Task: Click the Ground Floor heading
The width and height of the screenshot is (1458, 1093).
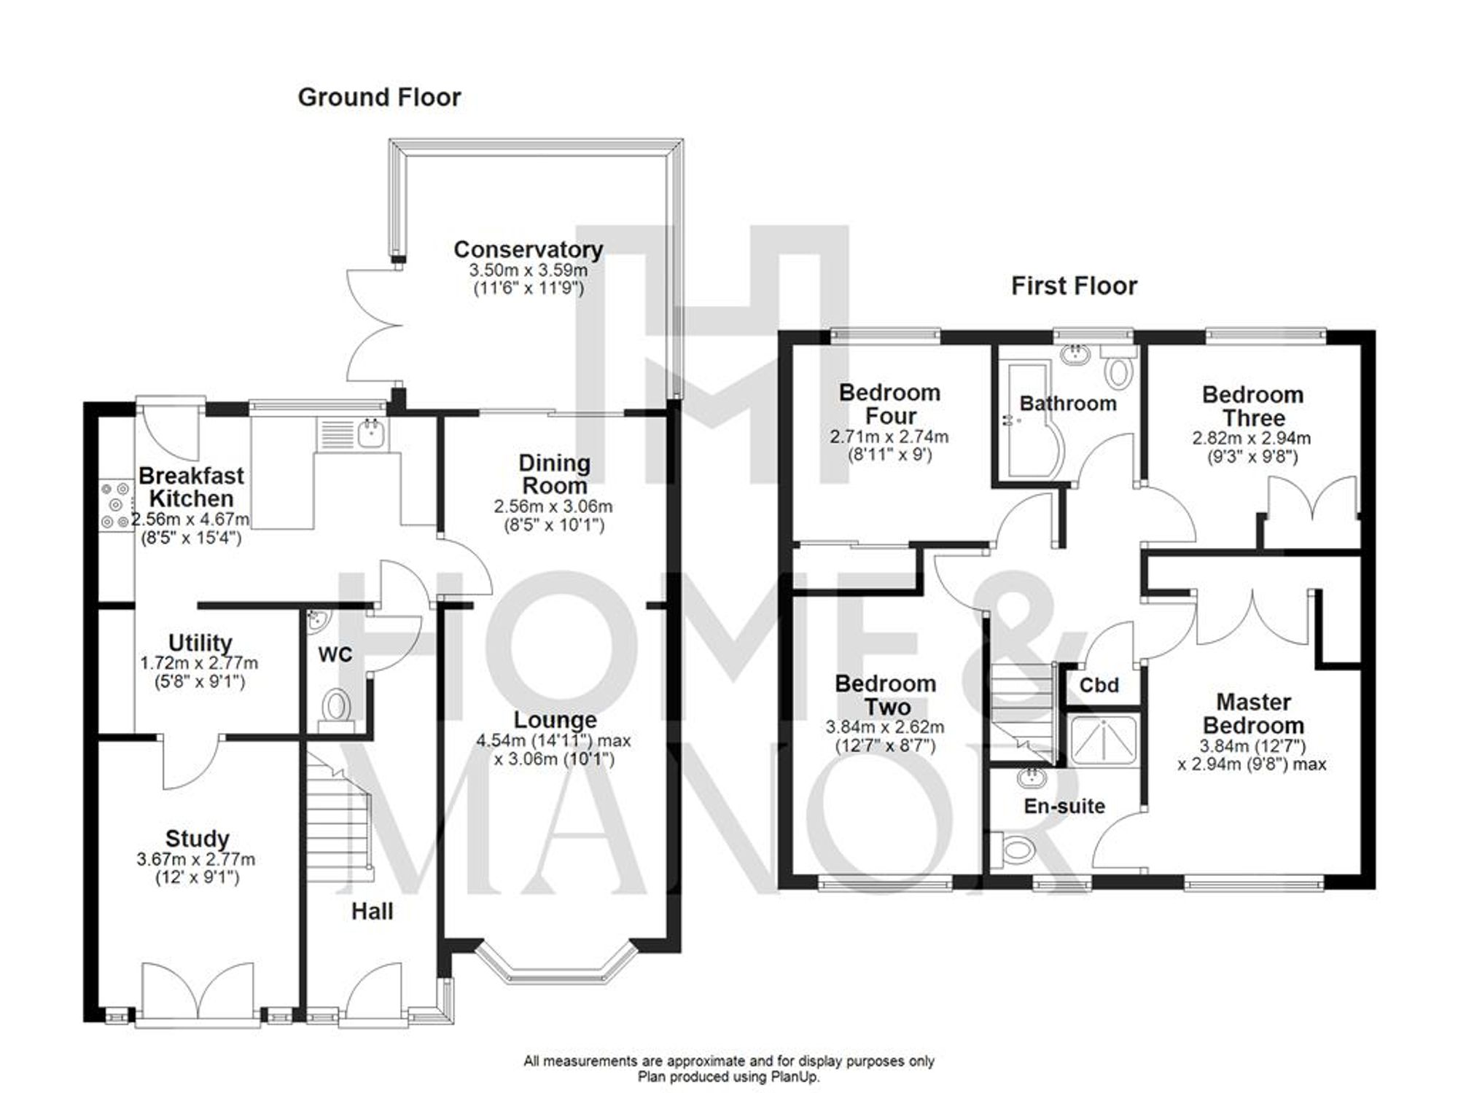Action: [x=379, y=98]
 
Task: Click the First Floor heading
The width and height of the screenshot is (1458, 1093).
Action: [x=1073, y=286]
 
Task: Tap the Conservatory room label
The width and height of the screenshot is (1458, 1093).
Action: [x=528, y=250]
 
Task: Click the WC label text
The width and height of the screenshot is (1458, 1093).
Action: [x=335, y=654]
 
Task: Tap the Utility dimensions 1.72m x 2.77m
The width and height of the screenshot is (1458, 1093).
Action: [x=199, y=664]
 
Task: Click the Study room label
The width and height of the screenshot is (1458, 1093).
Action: [x=197, y=839]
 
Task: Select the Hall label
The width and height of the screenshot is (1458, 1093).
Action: [x=372, y=912]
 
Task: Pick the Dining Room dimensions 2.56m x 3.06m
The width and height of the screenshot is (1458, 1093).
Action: [x=553, y=506]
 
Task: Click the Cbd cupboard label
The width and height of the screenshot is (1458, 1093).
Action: [x=1099, y=686]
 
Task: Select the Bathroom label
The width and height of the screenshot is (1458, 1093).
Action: [x=1067, y=404]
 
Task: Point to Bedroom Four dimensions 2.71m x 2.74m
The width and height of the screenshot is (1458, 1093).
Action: [x=889, y=437]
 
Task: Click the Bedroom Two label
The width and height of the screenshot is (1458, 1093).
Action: [x=886, y=695]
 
